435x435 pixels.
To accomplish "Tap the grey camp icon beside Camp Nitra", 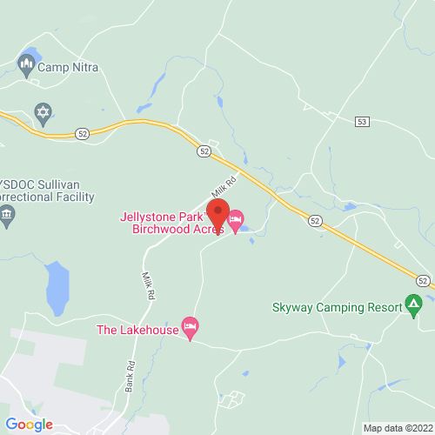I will [x=26, y=64].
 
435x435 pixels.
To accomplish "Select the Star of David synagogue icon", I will [x=42, y=111].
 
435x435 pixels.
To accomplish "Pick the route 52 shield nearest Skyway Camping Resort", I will [x=422, y=281].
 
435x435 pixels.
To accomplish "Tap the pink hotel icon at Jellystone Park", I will [x=236, y=217].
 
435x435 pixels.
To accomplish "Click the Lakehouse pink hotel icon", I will [x=191, y=329].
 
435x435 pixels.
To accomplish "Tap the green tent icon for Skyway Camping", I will [x=414, y=305].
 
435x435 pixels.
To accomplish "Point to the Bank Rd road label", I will [x=130, y=376].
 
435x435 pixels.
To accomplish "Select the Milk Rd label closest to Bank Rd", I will [x=149, y=286].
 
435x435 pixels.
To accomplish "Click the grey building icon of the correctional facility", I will [x=7, y=216].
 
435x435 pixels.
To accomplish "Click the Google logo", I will [x=29, y=424].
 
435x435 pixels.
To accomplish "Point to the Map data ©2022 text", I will [x=397, y=427].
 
